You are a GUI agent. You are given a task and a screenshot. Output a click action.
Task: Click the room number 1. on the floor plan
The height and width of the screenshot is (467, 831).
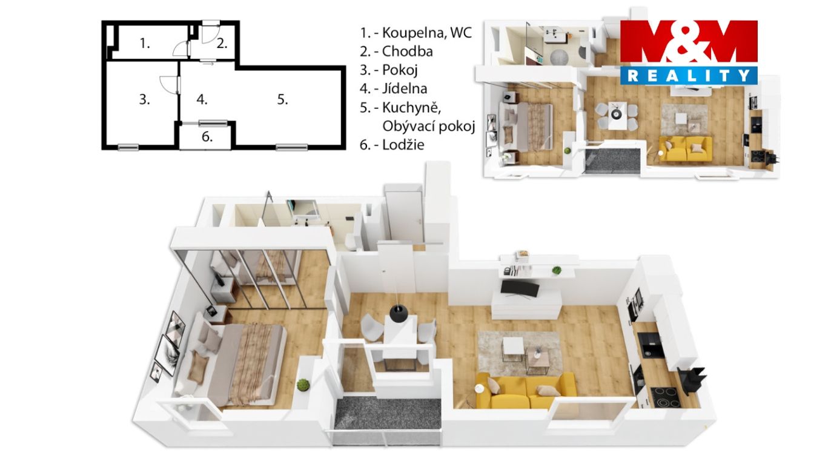point(145,44)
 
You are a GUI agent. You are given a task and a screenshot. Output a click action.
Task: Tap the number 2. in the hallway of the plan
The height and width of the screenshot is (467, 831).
point(222,44)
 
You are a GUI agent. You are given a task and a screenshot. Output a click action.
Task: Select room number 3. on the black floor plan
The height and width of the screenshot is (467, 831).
point(144,99)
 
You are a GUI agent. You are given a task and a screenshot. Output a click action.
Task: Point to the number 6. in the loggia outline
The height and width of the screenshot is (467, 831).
point(207,137)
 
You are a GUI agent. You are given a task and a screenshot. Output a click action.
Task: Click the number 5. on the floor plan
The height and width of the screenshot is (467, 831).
point(283,99)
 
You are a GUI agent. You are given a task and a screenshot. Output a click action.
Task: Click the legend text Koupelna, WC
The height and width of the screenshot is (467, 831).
point(426,33)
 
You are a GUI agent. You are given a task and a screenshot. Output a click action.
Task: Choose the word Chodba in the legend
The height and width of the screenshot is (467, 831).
point(408,51)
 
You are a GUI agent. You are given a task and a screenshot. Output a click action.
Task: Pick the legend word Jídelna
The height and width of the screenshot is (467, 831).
point(405,88)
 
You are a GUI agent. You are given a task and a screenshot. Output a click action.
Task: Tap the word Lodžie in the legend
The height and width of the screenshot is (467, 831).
point(403,144)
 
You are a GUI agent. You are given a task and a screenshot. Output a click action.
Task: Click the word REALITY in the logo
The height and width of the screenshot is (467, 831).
point(689,76)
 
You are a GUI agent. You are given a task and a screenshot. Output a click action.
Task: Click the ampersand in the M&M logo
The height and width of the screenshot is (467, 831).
point(688,42)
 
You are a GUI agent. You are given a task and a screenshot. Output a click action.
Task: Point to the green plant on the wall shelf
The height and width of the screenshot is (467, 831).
point(556,270)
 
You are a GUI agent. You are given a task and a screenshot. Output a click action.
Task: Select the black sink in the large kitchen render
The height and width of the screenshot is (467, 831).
point(650,343)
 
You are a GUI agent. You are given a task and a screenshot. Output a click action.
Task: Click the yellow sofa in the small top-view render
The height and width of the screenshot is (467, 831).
point(686,148)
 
